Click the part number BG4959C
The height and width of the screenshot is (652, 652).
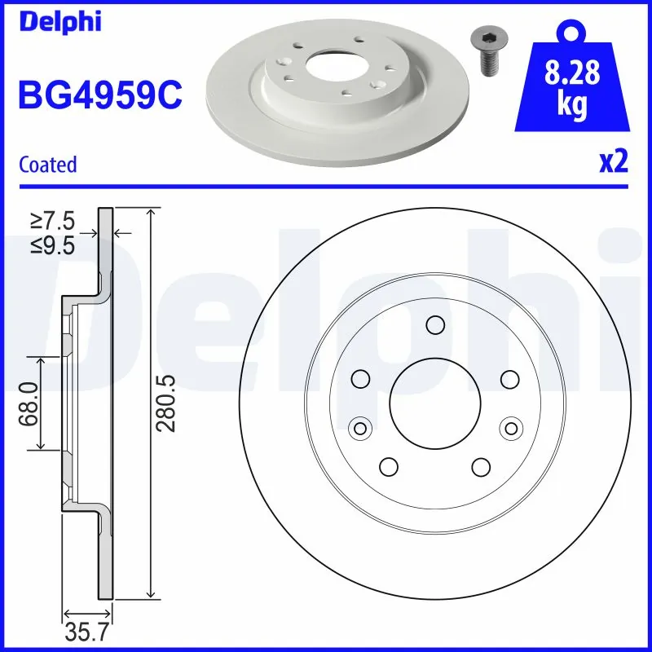99,95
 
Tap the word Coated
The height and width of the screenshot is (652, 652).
48,164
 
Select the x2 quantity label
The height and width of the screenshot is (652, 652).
613,162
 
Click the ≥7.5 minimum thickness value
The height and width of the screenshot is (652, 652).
53,220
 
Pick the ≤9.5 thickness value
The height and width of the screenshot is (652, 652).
53,244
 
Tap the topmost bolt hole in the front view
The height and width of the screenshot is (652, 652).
434,326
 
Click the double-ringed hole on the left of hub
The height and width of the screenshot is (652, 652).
359,427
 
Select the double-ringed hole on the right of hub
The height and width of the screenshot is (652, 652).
510,427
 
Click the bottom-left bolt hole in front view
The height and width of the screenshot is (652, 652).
388,466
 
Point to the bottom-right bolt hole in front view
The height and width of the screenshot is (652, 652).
481,466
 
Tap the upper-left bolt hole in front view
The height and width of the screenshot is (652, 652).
359,378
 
